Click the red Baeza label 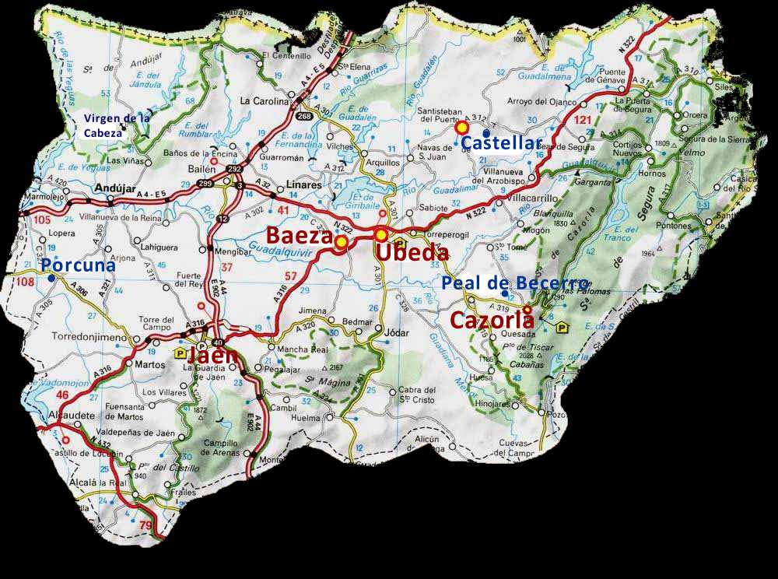click(x=300, y=236)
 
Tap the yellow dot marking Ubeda click(x=381, y=235)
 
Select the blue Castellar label click(x=501, y=143)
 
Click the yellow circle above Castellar click(x=462, y=127)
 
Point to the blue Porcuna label click(x=79, y=265)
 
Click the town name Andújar click(x=110, y=188)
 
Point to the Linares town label click(x=304, y=186)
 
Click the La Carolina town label click(x=264, y=100)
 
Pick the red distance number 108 click(x=25, y=282)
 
